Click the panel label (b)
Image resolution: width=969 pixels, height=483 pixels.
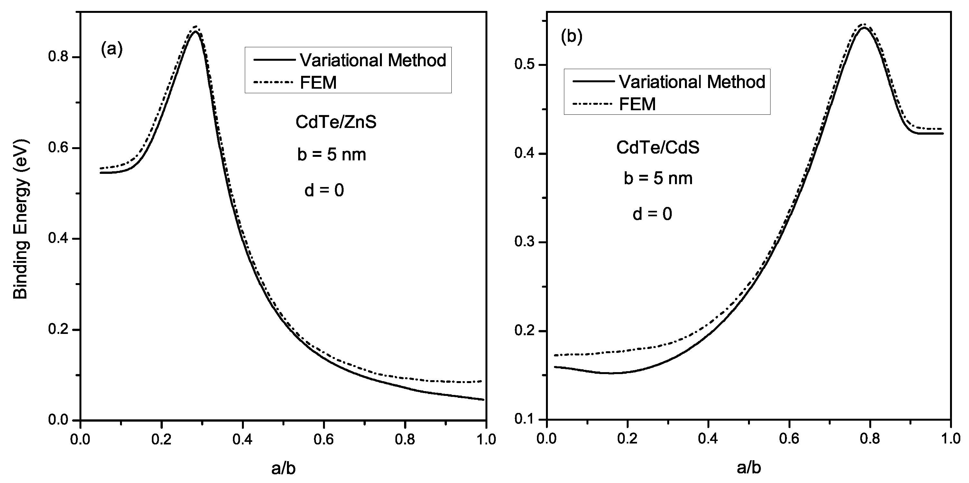point(571,37)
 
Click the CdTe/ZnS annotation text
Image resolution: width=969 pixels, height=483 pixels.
point(336,122)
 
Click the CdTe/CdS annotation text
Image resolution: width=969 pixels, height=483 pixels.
point(658,148)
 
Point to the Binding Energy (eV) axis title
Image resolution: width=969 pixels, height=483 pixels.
point(21,219)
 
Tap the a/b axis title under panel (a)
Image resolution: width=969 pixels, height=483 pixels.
point(283,468)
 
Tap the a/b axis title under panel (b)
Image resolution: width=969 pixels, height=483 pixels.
point(749,468)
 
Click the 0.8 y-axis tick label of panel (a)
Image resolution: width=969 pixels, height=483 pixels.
point(58,57)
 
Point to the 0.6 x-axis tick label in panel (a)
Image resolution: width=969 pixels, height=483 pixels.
point(324,439)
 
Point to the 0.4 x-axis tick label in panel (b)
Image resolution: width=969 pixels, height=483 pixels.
point(708,439)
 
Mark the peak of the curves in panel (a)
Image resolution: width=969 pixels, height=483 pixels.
point(195,30)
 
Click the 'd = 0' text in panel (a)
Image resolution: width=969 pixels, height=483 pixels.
point(324,191)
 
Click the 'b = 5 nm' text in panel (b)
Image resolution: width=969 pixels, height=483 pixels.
point(658,178)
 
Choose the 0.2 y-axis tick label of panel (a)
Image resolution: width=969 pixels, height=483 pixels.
point(58,330)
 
